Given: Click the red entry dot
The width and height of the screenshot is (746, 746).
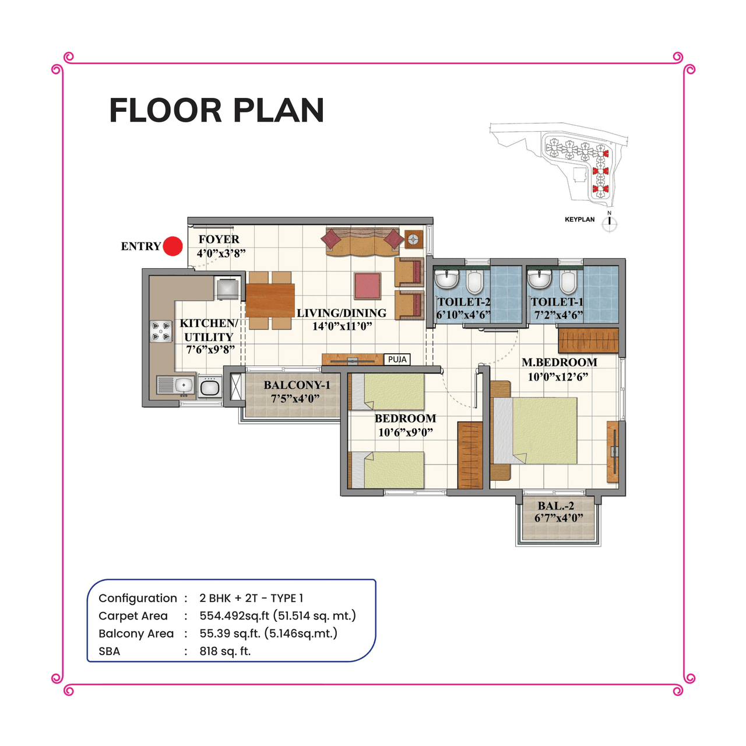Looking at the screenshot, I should click(173, 246).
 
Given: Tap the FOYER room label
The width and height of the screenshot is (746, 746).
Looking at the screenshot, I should click(219, 240).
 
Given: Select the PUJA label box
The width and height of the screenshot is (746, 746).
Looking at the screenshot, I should click(397, 360).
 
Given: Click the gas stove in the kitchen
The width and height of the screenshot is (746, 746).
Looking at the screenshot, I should click(161, 331).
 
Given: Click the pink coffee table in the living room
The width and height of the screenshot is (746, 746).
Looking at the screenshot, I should click(367, 286).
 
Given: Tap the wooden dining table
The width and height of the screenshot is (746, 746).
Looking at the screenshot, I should click(270, 300).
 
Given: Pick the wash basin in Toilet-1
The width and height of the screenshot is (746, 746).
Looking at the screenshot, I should click(540, 279).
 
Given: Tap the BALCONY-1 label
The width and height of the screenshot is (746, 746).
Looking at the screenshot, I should click(297, 385).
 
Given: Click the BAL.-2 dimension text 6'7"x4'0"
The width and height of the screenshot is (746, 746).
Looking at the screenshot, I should click(558, 518).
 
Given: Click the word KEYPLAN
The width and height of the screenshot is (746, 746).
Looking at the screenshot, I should click(579, 220).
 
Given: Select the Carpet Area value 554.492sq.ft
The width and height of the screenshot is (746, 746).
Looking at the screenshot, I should click(234, 616).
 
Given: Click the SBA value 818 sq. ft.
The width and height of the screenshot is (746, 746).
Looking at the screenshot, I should click(225, 651).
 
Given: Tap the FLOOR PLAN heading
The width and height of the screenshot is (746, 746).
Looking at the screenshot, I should click(216, 111).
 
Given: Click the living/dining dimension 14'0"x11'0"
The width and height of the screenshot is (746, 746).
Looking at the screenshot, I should click(342, 326).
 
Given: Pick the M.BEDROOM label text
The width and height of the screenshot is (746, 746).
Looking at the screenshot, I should click(559, 363).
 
